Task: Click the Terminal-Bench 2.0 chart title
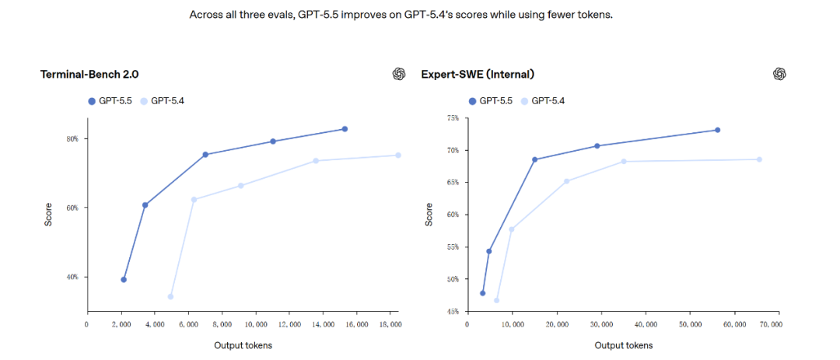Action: click(x=89, y=75)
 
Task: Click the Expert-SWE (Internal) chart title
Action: click(x=478, y=75)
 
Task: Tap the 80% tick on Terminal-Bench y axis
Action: click(x=72, y=139)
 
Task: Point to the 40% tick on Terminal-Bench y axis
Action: click(x=72, y=278)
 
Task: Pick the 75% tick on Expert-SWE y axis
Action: click(x=453, y=118)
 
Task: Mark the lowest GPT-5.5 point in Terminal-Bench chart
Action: click(x=124, y=279)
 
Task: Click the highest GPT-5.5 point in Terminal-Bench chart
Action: click(x=345, y=129)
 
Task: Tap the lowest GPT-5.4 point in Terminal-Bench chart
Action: click(x=170, y=296)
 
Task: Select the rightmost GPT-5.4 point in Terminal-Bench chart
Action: click(x=398, y=156)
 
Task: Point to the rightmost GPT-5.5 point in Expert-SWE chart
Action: click(x=717, y=130)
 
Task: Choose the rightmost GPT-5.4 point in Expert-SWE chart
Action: click(x=759, y=159)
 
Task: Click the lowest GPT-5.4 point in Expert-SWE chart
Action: click(x=496, y=300)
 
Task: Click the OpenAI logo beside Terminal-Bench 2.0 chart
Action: click(x=399, y=74)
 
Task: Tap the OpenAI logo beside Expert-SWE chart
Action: click(x=779, y=74)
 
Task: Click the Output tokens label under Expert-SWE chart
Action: click(x=624, y=345)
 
